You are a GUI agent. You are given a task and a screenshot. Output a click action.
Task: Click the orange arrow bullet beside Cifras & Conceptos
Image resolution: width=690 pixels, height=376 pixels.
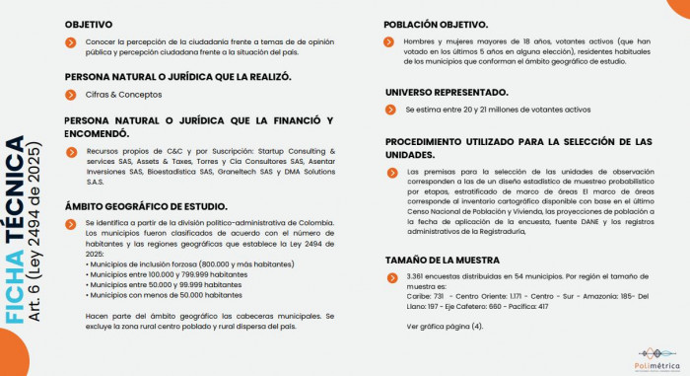71,95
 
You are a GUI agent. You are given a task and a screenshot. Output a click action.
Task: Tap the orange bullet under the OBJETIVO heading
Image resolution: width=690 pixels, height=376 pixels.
71,42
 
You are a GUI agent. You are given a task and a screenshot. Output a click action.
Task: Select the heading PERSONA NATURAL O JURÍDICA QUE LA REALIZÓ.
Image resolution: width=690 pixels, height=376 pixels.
177,76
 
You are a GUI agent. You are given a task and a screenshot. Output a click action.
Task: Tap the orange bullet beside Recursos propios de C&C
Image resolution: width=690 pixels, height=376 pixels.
71,151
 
